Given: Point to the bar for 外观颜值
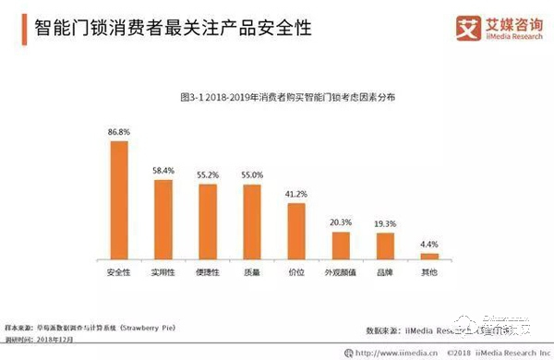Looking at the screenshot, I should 341,246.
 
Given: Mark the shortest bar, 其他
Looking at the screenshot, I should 429,256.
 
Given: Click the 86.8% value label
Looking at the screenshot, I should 119,133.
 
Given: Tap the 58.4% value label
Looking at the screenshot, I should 163,171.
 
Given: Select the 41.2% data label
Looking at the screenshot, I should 296,194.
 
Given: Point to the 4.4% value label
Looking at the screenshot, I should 429,244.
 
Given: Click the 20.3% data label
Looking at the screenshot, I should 341,222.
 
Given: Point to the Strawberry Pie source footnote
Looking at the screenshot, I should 101,327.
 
